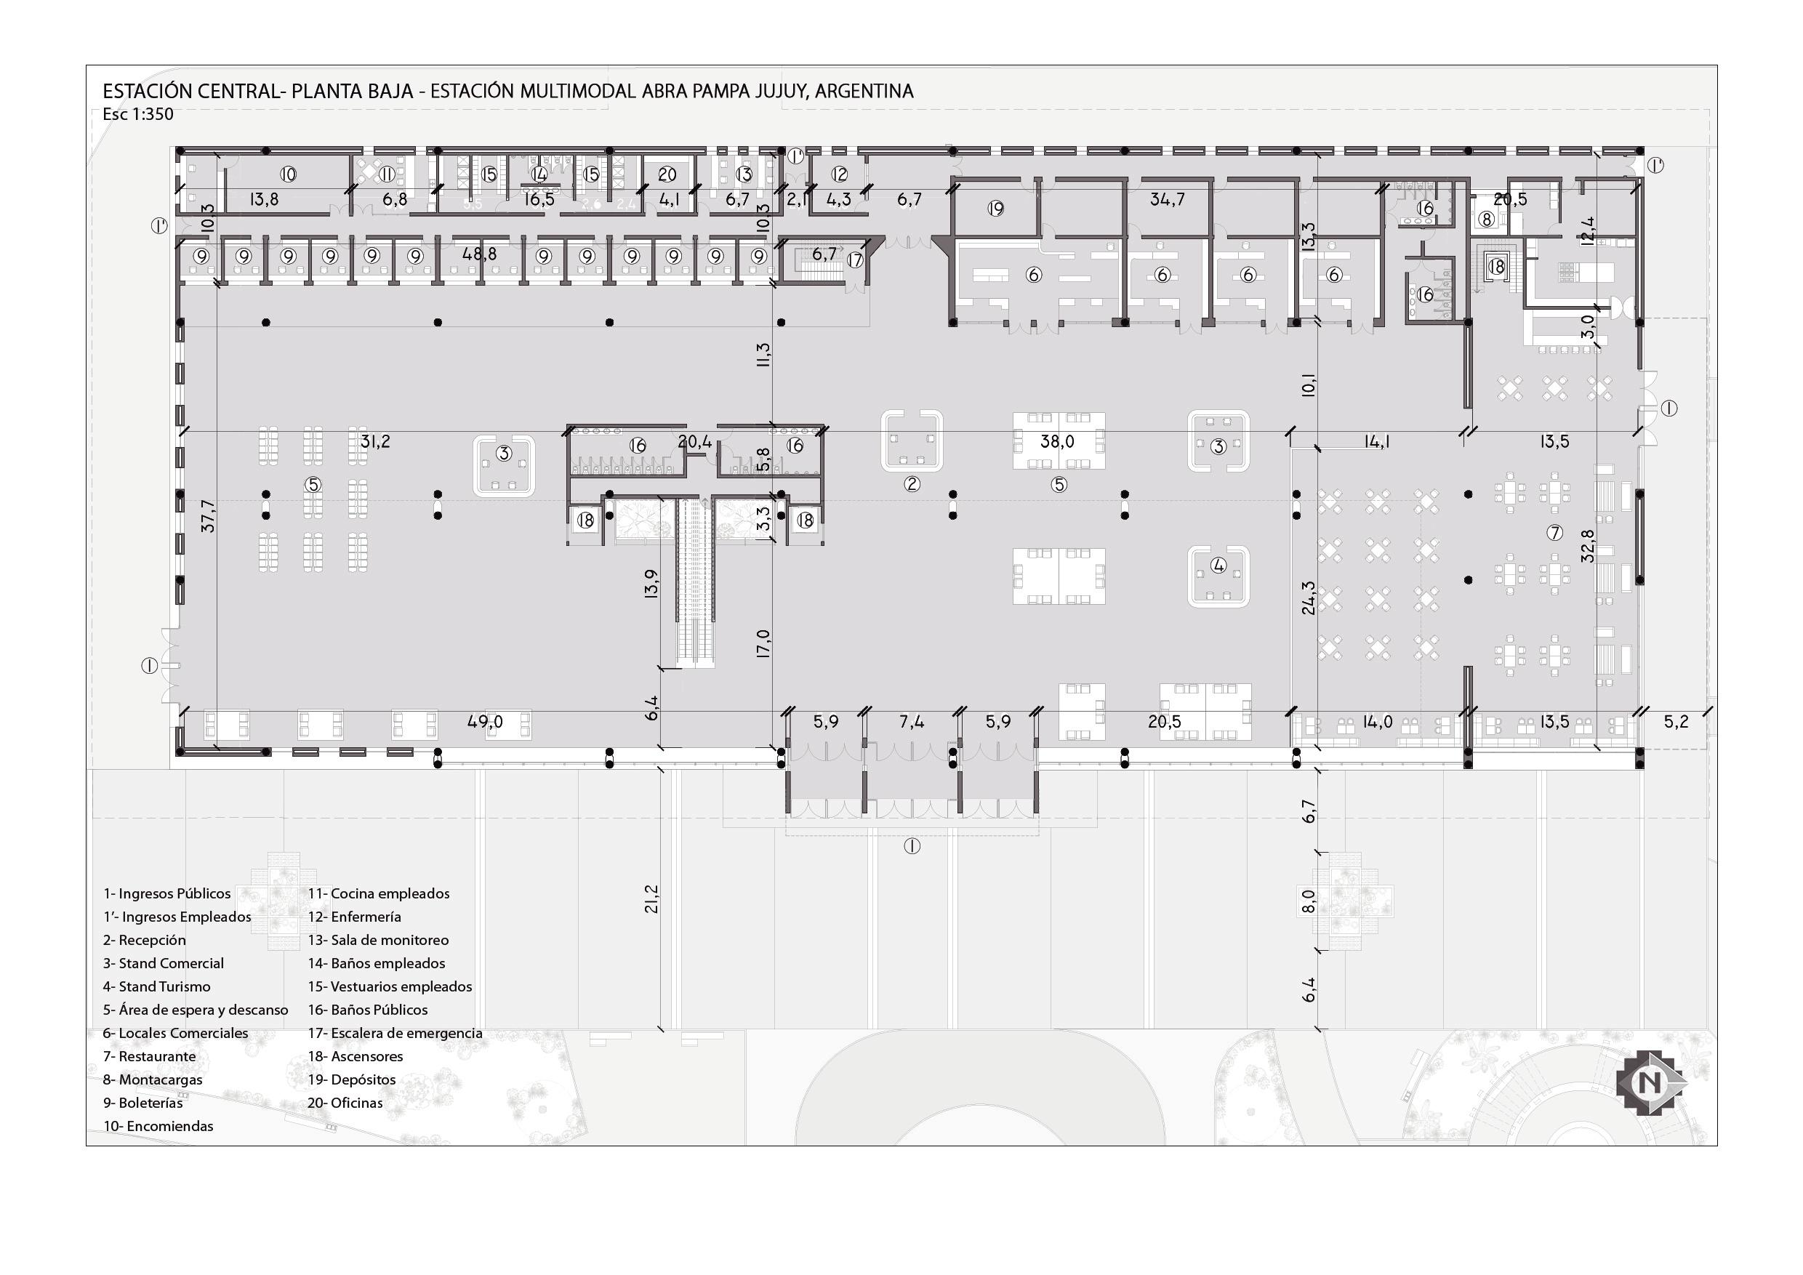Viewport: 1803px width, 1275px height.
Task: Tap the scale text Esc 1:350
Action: click(137, 115)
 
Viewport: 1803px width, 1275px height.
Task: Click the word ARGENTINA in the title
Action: click(864, 91)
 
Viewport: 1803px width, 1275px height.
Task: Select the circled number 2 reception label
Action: click(912, 483)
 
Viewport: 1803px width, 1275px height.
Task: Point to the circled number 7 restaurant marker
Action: click(1554, 532)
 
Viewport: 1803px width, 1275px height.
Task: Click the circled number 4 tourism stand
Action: click(1218, 566)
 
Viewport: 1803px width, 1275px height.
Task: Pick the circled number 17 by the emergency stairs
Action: click(854, 260)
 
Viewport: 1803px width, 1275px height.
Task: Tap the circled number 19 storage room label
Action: click(996, 209)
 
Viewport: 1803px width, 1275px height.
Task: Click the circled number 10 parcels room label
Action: click(288, 174)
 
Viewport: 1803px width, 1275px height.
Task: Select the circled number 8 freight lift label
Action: click(1486, 220)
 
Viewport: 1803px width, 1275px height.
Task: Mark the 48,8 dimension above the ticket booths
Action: click(479, 254)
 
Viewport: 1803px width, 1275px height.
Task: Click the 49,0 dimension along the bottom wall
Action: click(484, 722)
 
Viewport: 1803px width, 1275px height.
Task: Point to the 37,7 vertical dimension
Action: click(208, 516)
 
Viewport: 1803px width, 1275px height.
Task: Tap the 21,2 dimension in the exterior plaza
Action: click(652, 899)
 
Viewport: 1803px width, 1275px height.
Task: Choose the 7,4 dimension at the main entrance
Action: click(911, 722)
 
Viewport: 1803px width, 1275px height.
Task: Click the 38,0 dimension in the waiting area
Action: click(1057, 441)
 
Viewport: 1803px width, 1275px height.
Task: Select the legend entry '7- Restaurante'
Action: click(149, 1056)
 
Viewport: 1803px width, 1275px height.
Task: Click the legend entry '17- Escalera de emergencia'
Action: click(394, 1033)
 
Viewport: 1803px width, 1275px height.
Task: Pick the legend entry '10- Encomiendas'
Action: click(158, 1126)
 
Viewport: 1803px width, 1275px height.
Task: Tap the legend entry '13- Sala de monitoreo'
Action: click(378, 940)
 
